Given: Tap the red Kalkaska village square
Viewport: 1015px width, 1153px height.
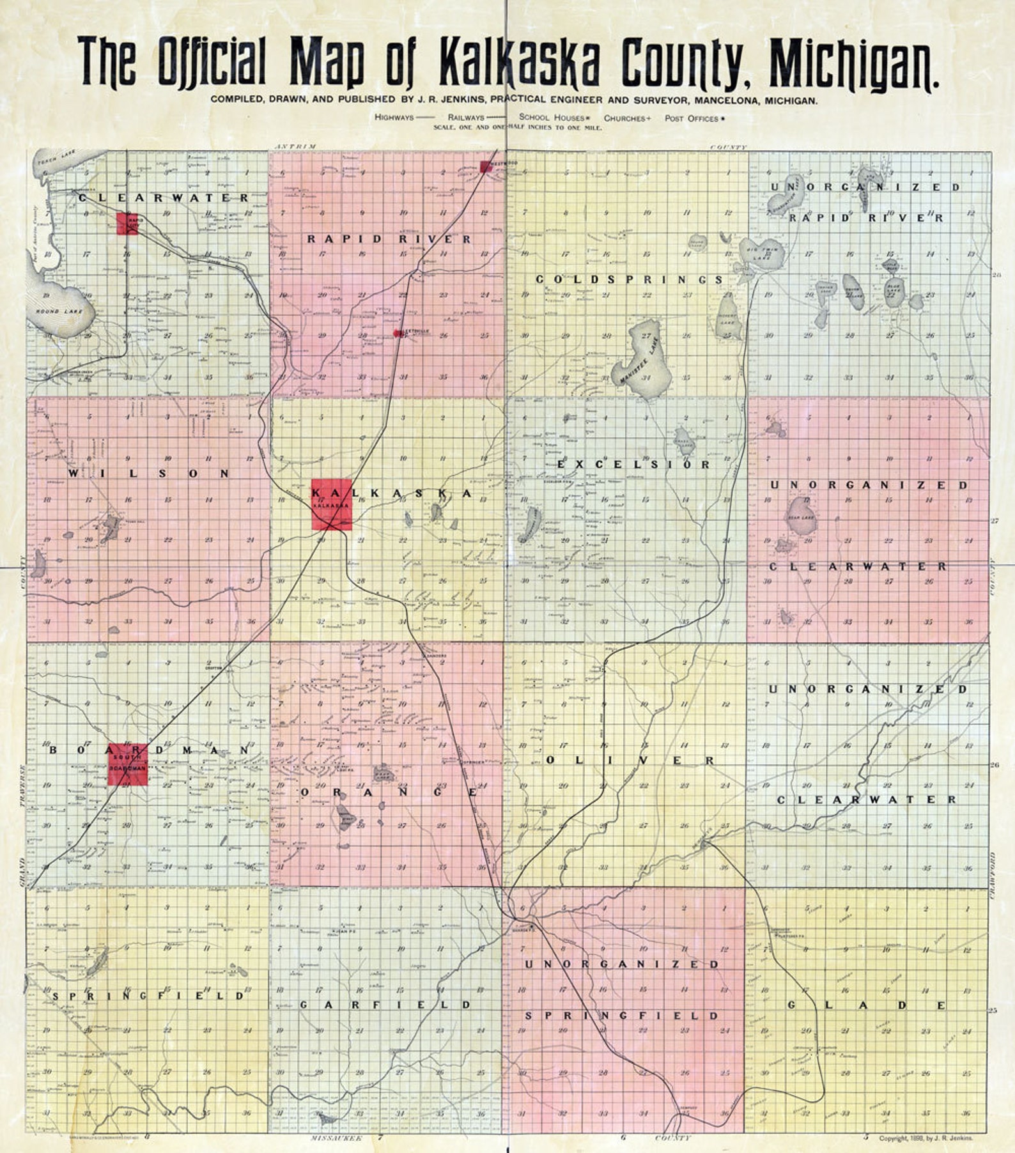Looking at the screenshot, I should pos(332,504).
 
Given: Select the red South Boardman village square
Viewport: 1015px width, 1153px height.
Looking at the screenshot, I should pos(127,764).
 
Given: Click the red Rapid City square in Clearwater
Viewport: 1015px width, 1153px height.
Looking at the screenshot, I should pos(127,224).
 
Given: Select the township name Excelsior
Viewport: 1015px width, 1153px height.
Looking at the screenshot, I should pos(633,465).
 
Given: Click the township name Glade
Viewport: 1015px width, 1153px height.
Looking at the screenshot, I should pos(866,1005).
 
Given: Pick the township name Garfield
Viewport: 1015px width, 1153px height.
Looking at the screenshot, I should pos(385,1005).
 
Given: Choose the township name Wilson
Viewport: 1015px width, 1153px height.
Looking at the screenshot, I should pos(148,474).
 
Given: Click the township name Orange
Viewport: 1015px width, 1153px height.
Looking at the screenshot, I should pos(388,792).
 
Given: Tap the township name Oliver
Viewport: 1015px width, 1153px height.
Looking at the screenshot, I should pos(629,761).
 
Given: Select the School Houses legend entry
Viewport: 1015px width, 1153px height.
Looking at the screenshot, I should pos(554,118).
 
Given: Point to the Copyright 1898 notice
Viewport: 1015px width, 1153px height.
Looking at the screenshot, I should pos(926,1138).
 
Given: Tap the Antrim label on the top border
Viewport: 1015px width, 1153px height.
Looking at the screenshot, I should pos(295,146).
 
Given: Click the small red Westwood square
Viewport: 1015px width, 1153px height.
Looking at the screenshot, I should pos(486,167).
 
